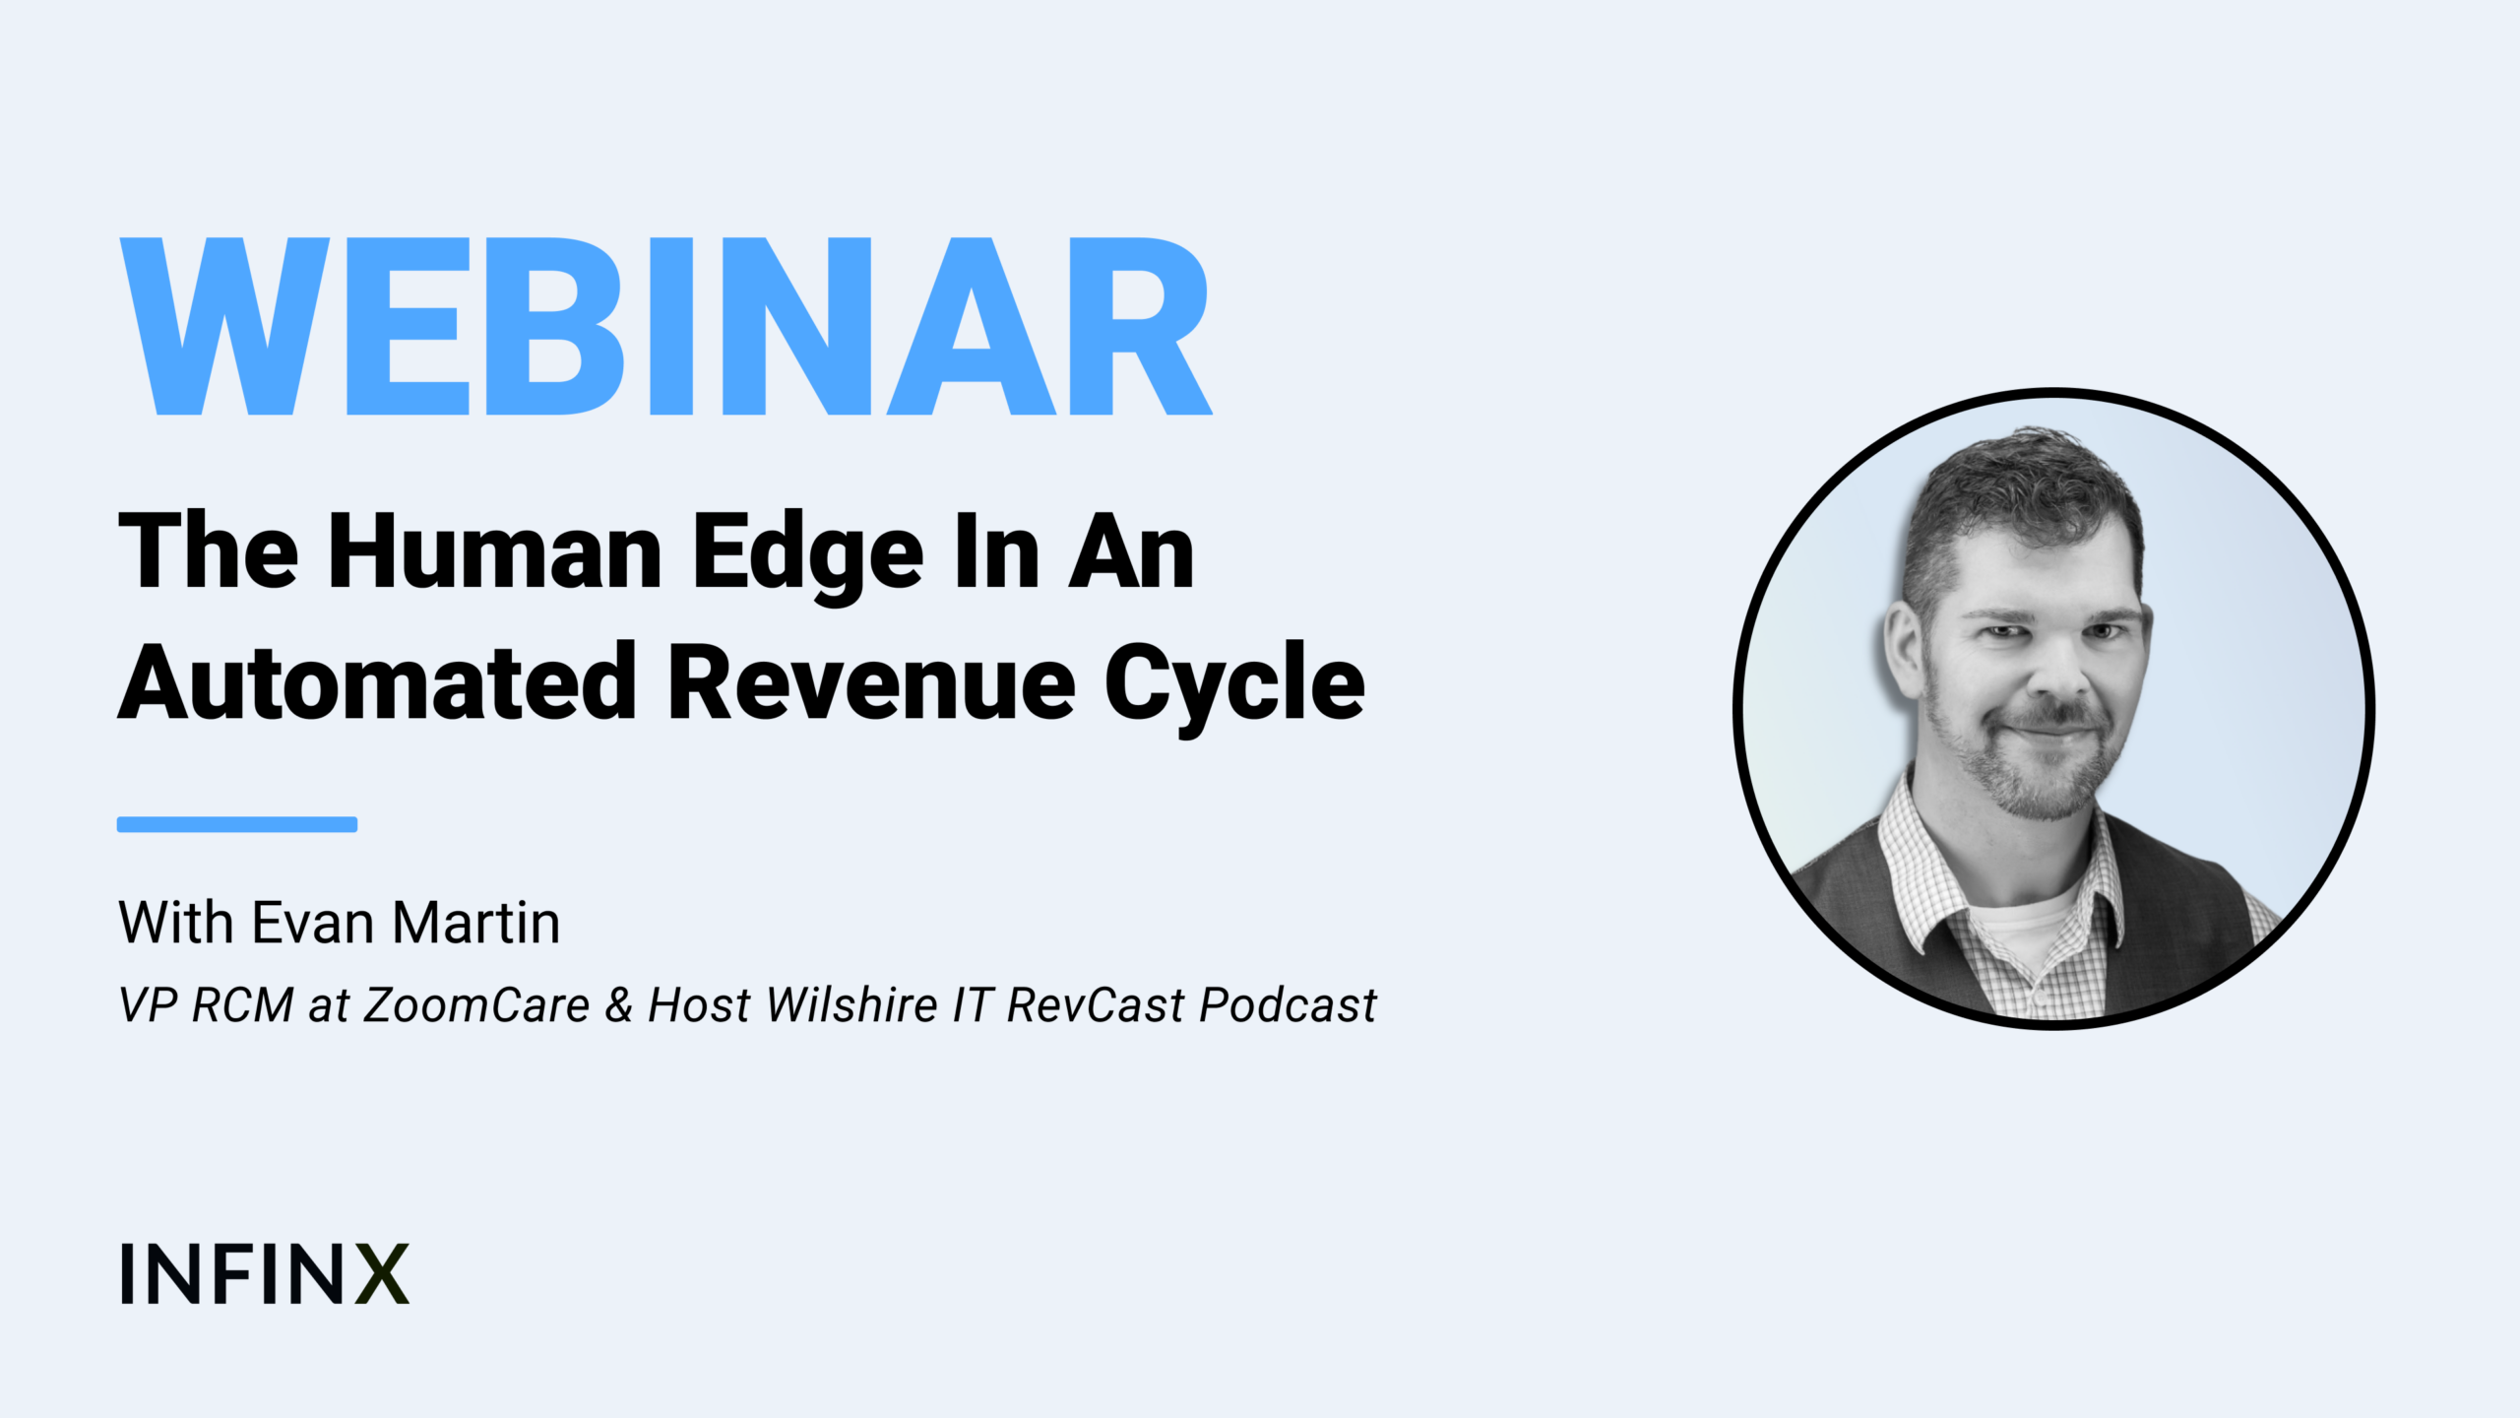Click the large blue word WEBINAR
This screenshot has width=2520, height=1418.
click(x=665, y=327)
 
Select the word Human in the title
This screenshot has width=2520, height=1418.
click(x=495, y=552)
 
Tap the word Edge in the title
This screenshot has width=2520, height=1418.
click(x=808, y=558)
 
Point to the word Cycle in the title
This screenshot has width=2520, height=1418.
click(x=1235, y=687)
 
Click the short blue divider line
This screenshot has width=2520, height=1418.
click(x=237, y=824)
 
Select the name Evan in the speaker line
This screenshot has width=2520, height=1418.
click(x=313, y=923)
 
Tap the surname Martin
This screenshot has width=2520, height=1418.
click(x=477, y=923)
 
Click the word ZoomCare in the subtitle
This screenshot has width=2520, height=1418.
click(x=477, y=1005)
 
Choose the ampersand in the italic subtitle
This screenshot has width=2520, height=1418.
click(x=619, y=1005)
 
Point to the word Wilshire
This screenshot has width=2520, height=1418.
click(x=852, y=1005)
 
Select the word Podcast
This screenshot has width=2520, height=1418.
click(x=1289, y=1005)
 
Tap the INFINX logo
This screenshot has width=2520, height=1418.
click(x=264, y=1273)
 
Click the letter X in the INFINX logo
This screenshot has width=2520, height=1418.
click(x=382, y=1273)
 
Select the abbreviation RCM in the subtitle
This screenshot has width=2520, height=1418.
click(x=243, y=1005)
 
